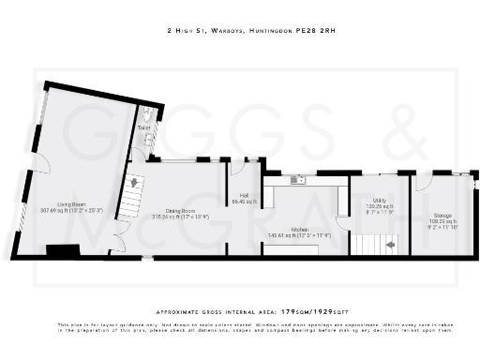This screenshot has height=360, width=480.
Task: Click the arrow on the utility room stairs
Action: tap(391, 245)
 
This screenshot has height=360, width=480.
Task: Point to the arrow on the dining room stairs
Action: tap(133, 183)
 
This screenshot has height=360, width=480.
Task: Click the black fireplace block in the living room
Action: tap(63, 250)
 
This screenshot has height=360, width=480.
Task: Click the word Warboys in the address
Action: tap(221, 31)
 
